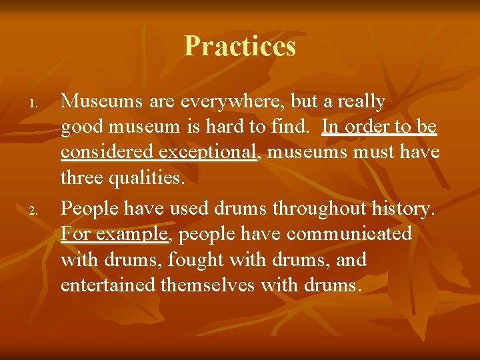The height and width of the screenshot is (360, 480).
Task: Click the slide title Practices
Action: coord(240,46)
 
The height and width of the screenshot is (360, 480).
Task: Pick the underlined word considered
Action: coord(107,152)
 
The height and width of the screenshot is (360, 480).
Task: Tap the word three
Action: coord(85,178)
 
